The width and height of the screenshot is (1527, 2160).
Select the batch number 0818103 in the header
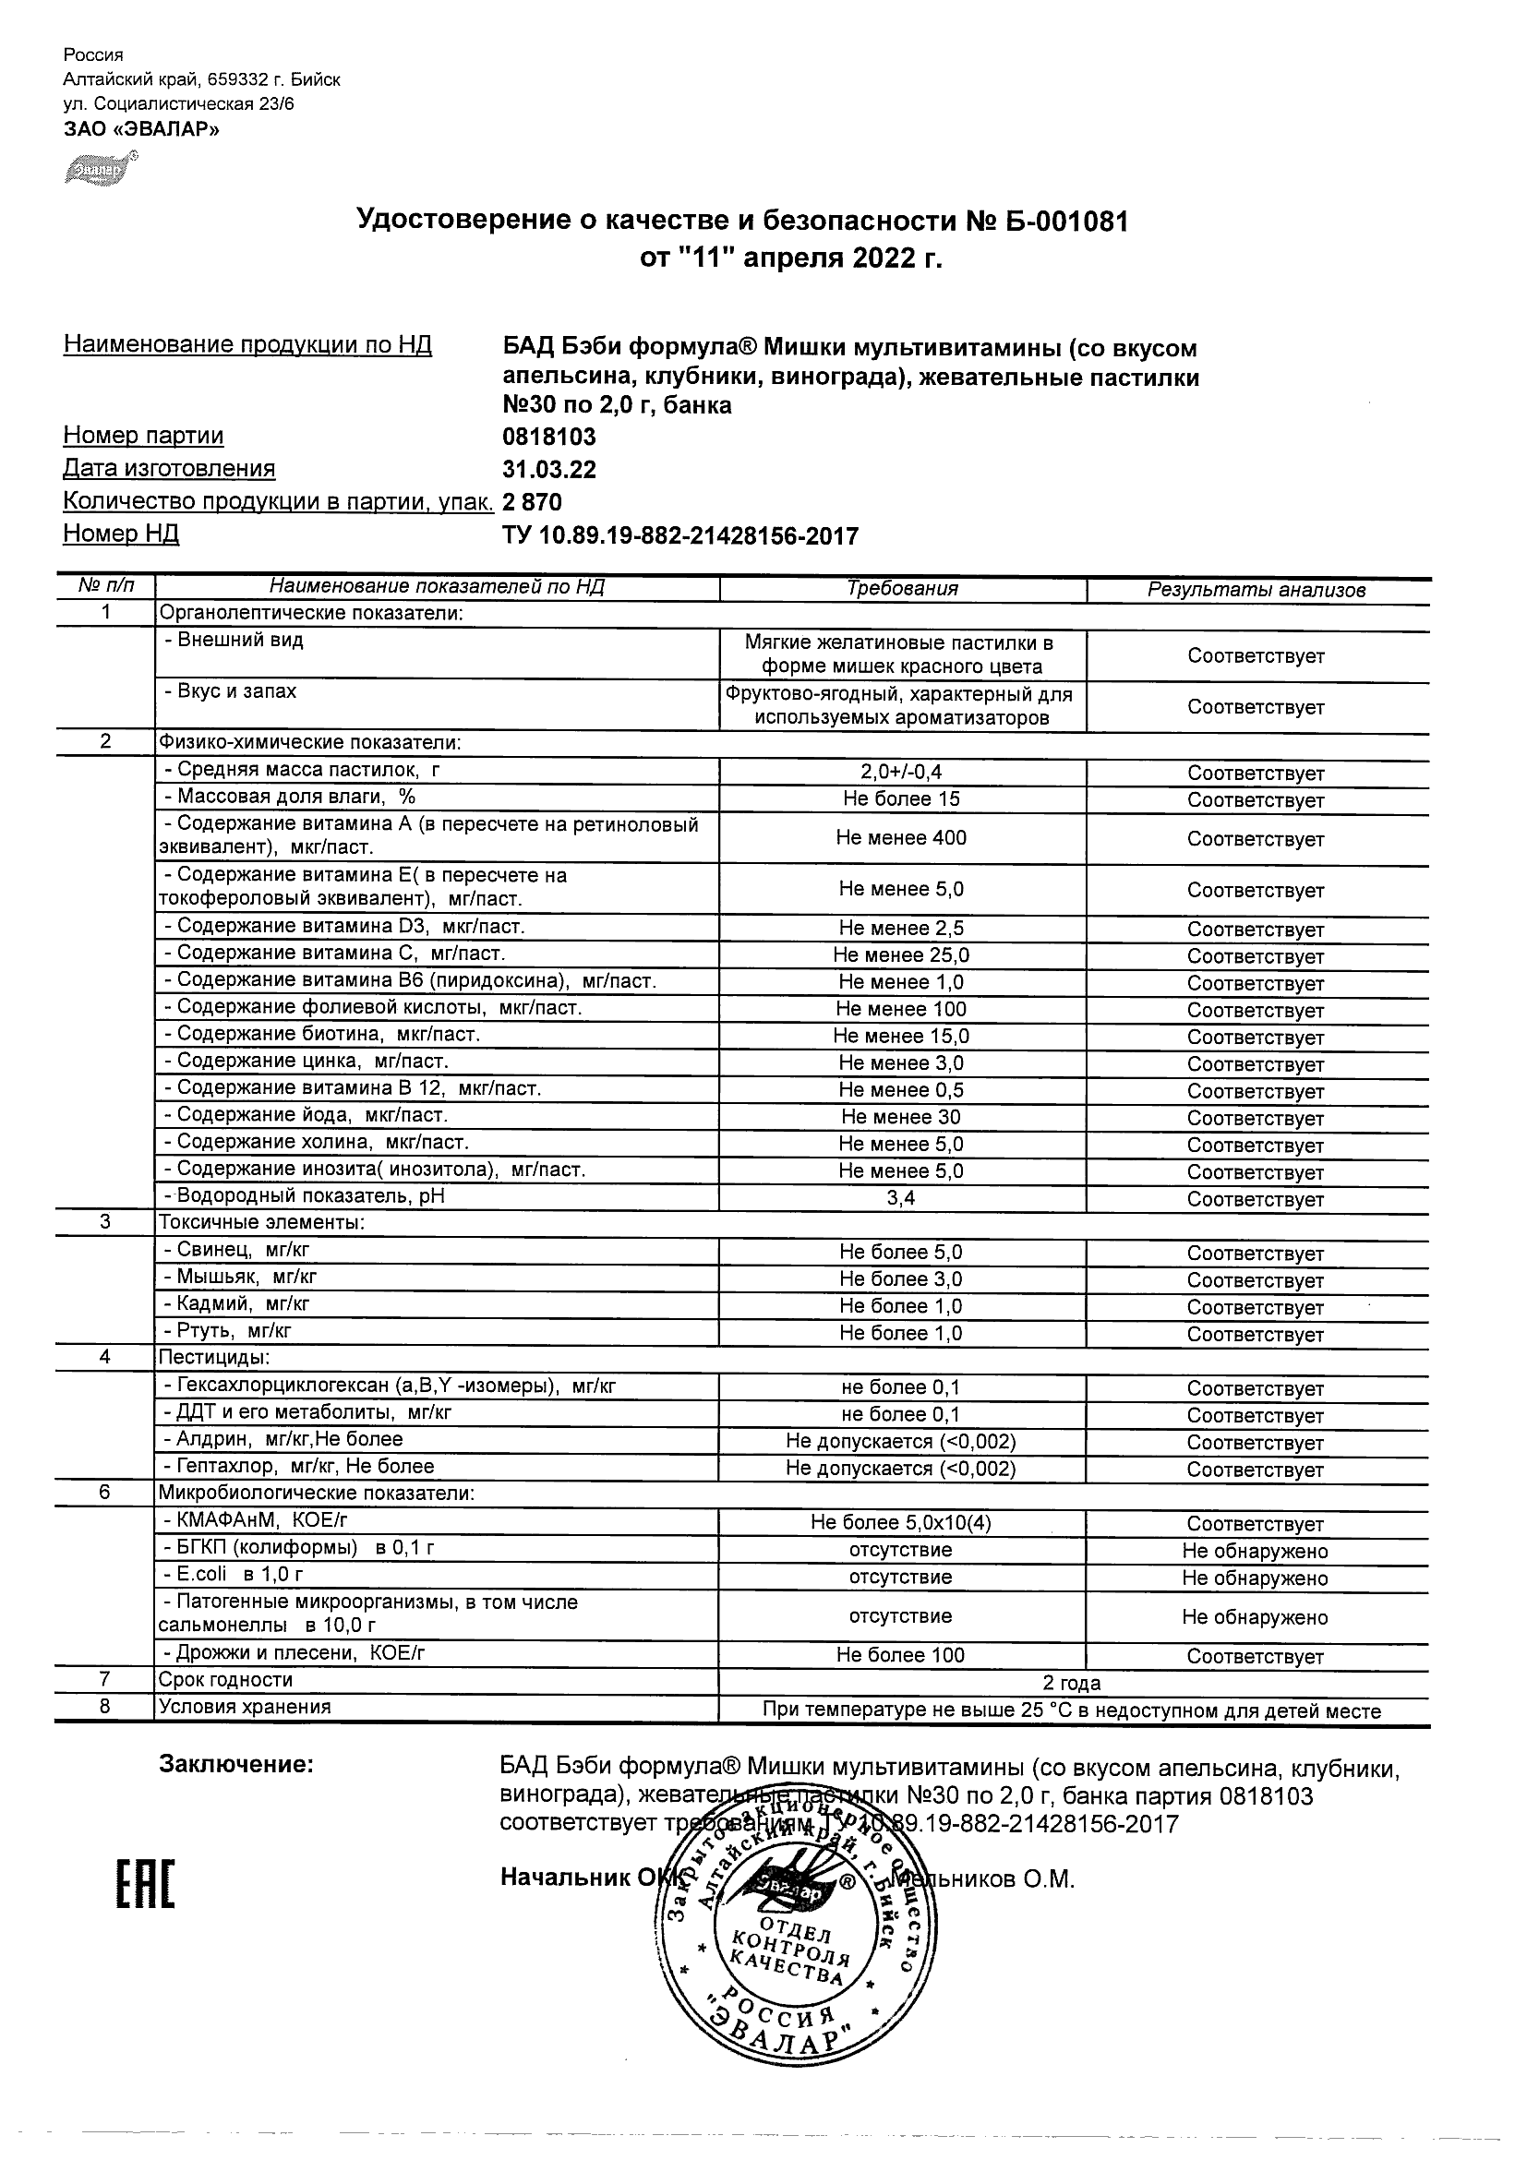pyautogui.click(x=549, y=437)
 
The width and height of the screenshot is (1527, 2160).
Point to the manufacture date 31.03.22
pyautogui.click(x=549, y=469)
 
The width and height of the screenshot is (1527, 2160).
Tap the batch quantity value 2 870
pyautogui.click(x=533, y=501)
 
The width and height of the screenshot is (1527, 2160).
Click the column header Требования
pyautogui.click(x=901, y=589)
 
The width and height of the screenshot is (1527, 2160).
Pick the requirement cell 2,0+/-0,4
pyautogui.click(x=901, y=773)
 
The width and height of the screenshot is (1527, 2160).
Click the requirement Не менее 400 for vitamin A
pyautogui.click(x=901, y=837)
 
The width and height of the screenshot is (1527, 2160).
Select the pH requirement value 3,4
pyautogui.click(x=901, y=1197)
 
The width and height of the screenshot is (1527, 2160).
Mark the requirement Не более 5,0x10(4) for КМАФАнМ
pyautogui.click(x=901, y=1522)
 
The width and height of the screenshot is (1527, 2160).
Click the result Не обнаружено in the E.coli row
pyautogui.click(x=1255, y=1578)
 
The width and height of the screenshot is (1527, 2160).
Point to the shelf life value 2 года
pyautogui.click(x=1072, y=1683)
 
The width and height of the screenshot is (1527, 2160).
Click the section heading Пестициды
pyautogui.click(x=213, y=1358)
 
